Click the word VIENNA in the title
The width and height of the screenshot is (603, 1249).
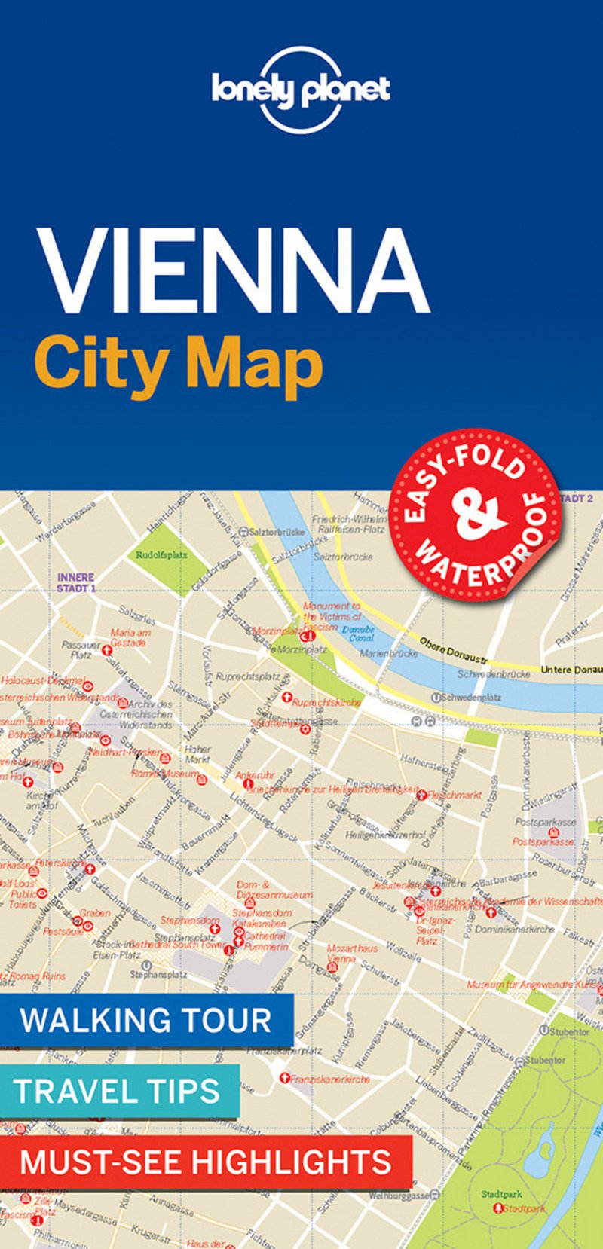(x=234, y=269)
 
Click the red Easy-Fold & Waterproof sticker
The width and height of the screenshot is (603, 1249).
(x=475, y=515)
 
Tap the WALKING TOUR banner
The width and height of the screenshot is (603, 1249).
(x=145, y=1020)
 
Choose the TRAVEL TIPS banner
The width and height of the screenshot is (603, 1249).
(x=118, y=1091)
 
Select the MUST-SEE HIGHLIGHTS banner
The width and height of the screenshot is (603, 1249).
(x=205, y=1162)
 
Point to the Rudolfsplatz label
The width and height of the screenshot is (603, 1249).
(x=161, y=554)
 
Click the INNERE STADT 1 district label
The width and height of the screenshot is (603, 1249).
(x=76, y=582)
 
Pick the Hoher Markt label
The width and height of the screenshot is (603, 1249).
(x=197, y=754)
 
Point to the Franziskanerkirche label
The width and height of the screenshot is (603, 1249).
(x=329, y=1079)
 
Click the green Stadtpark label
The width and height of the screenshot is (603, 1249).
(x=501, y=1194)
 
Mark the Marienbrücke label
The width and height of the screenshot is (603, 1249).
(x=388, y=653)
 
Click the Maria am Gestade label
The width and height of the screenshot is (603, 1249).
(x=130, y=637)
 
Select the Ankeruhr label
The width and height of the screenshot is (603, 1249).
(x=254, y=774)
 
